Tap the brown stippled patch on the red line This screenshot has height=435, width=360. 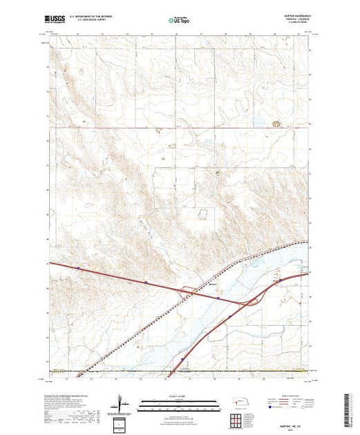(278, 124)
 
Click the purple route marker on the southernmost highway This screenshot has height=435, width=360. (182, 359)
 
